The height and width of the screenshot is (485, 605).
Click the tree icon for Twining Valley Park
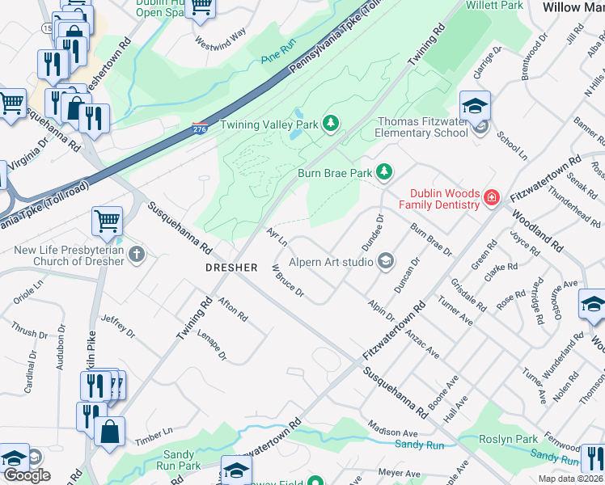[330, 123]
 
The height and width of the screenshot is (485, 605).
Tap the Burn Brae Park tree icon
[384, 171]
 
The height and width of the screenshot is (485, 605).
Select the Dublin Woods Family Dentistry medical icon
[491, 197]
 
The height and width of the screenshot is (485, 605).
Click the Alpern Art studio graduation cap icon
[386, 260]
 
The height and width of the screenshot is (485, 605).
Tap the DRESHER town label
[231, 267]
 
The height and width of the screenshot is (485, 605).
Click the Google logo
[27, 475]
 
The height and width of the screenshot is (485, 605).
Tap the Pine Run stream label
[280, 57]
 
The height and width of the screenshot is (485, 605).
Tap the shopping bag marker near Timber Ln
[109, 431]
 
